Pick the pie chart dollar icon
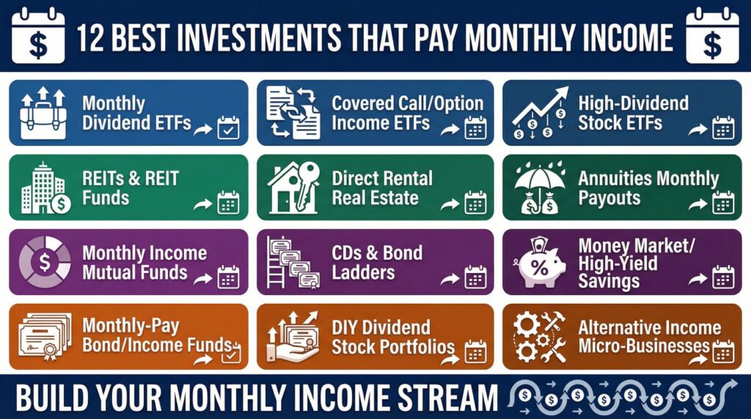click(45, 263)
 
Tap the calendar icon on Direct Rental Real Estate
click(475, 203)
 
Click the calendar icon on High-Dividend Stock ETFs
click(723, 128)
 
